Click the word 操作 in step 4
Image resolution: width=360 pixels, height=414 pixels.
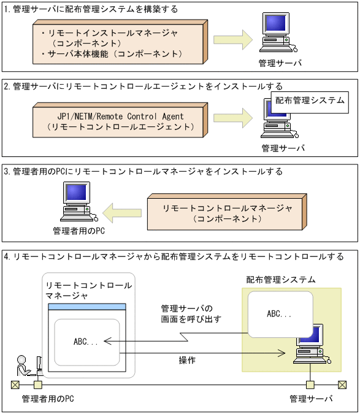tap(188, 359)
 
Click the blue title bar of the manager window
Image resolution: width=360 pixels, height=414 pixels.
tap(87, 307)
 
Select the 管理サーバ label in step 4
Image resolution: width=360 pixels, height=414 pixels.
tap(311, 399)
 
